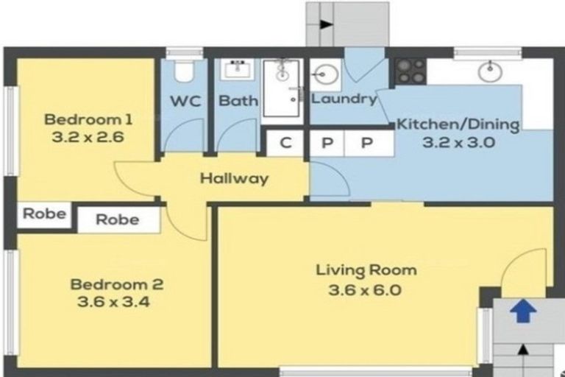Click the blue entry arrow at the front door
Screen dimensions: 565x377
523,311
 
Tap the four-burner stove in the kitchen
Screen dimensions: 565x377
411,71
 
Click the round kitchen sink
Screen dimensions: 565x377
490,71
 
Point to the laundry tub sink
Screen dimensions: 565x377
326,75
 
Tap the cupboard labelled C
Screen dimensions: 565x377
285,144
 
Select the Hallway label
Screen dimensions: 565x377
234,179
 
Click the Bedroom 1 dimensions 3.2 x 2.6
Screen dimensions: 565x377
88,138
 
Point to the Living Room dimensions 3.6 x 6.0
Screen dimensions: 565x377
365,290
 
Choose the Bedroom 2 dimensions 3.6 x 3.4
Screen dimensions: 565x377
113,302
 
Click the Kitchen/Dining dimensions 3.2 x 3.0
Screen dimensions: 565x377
458,143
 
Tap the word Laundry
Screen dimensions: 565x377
344,99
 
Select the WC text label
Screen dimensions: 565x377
185,102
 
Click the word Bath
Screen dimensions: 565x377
238,101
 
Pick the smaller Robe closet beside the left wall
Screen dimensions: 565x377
44,214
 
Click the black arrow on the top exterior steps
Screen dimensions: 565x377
326,24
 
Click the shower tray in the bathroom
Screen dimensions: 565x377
282,88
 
